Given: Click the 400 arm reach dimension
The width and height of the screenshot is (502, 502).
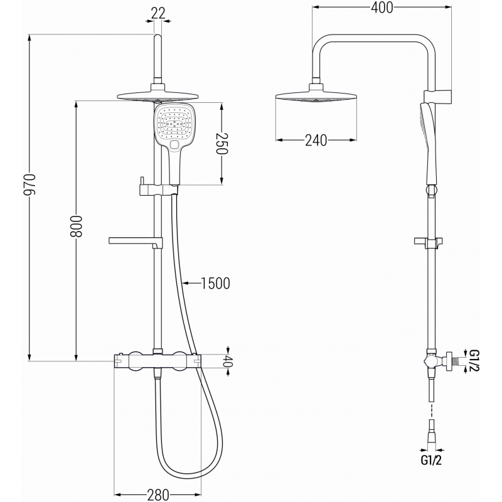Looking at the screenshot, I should [x=382, y=8].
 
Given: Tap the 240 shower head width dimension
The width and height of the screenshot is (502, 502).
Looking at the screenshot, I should [x=316, y=140].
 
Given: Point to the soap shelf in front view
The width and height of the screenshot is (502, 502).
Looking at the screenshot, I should [x=136, y=240].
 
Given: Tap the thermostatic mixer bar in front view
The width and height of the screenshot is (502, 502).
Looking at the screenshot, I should [x=158, y=361].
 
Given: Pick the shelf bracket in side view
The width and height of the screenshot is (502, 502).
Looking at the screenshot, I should [x=430, y=241].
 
